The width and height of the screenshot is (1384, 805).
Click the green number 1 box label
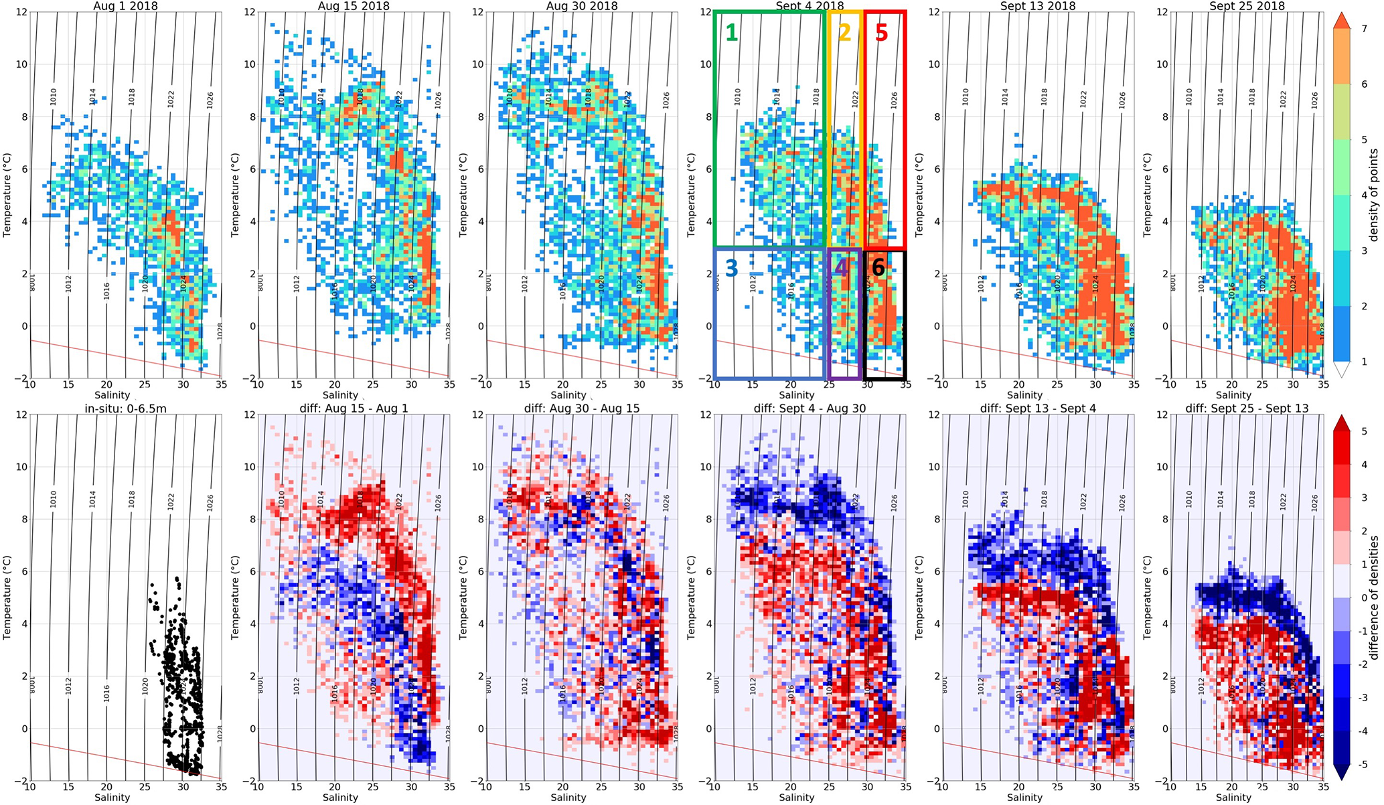pos(731,31)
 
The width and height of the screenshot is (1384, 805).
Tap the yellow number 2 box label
pos(844,32)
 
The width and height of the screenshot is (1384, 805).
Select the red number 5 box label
pos(881,32)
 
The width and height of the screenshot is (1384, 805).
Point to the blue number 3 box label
pos(731,268)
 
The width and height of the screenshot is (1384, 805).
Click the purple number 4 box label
pos(841,269)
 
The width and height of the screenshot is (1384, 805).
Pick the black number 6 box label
pos(878,268)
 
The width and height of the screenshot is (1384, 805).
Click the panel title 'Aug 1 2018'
pos(125,6)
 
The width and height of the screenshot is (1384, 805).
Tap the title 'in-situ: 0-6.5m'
pos(125,408)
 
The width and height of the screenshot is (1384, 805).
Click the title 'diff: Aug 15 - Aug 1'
pos(354,408)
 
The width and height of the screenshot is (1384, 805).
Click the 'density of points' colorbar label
pos(1373,195)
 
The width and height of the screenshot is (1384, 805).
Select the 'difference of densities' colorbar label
pos(1373,597)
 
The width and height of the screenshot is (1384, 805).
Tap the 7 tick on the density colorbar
pos(1363,29)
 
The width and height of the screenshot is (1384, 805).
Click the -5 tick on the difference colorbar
pos(1363,764)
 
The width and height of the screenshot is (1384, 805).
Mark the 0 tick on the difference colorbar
pos(1363,597)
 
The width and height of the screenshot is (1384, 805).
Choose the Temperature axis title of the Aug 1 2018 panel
pos(7,195)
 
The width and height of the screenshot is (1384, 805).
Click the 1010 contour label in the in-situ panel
pos(54,499)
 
